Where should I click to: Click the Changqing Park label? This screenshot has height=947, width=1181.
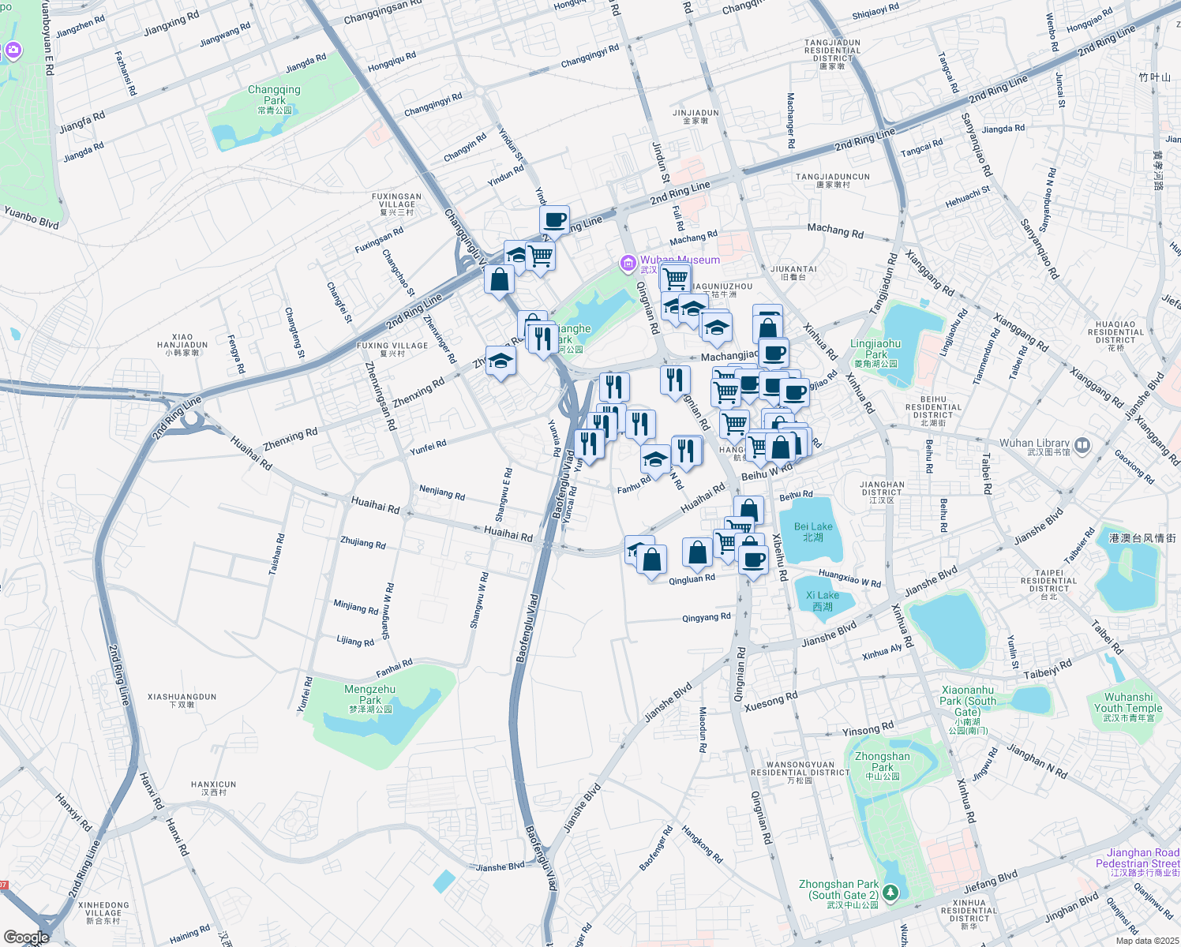(274, 95)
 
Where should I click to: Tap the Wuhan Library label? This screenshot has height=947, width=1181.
(1035, 444)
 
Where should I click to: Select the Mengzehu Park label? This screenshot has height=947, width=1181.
(370, 695)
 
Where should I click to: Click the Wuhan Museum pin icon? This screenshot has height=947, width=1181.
(628, 262)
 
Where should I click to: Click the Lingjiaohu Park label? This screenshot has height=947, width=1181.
(875, 349)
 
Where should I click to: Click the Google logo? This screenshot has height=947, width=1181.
(26, 938)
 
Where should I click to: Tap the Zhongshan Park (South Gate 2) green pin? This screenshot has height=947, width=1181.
(890, 893)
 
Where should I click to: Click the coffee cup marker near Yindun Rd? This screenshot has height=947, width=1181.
(554, 220)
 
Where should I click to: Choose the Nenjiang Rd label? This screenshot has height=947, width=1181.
(442, 493)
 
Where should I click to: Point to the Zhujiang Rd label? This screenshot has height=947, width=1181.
(363, 543)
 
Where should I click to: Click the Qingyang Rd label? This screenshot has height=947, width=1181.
(707, 617)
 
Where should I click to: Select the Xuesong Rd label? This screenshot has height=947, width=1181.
(771, 702)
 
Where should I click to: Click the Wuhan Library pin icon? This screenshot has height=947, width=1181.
(1082, 445)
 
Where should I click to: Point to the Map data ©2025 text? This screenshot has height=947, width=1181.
(1146, 940)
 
